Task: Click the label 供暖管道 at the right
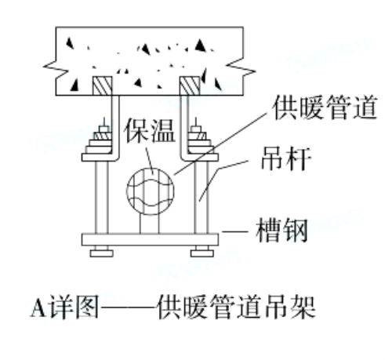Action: pos(325,107)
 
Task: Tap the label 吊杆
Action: pos(286,158)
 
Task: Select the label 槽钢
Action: pos(281,231)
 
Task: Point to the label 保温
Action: pos(150,130)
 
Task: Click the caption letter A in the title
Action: pos(38,307)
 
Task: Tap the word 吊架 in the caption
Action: pos(290,307)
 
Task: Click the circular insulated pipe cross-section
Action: pos(150,191)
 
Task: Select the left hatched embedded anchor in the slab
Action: pos(103,85)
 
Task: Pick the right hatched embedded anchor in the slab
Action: pos(190,85)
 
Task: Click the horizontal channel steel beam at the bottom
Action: pos(150,239)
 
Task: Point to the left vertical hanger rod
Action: pos(101,198)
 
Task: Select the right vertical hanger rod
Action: pos(202,198)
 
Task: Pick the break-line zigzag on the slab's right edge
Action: pos(242,67)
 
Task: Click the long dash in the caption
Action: pos(128,307)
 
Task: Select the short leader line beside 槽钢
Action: pos(234,231)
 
